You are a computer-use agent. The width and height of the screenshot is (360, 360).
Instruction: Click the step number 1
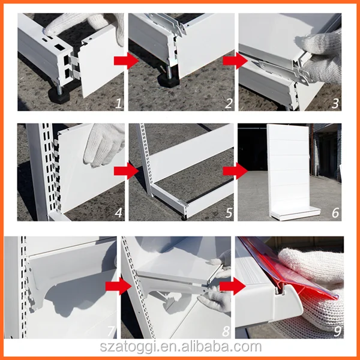[118, 103]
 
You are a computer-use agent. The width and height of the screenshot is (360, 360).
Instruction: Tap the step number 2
[229, 103]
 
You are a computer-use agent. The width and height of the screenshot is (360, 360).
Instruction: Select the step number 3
[335, 103]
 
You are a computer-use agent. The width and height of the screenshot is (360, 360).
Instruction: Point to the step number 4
[118, 213]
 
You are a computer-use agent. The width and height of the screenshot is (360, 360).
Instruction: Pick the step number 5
[229, 213]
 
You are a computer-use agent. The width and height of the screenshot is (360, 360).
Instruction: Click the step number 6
[335, 213]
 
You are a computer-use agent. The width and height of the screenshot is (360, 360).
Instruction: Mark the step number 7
[111, 331]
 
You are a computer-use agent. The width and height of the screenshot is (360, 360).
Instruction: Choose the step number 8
[226, 331]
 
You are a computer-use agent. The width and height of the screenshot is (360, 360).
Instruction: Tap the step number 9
[337, 331]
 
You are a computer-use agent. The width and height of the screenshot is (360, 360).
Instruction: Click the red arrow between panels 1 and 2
[127, 61]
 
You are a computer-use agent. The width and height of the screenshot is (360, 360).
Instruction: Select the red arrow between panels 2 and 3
[235, 61]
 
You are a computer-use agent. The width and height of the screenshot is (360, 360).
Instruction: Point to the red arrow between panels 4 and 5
[127, 171]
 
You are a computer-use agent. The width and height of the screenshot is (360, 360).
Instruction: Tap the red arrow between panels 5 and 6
[235, 171]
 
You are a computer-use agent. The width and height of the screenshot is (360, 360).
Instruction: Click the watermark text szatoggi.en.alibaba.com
[181, 346]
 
